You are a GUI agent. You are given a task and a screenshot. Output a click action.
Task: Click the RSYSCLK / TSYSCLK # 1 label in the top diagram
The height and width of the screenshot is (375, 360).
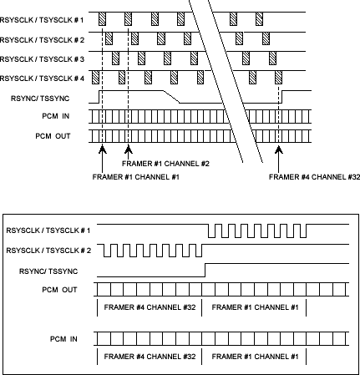click(43, 18)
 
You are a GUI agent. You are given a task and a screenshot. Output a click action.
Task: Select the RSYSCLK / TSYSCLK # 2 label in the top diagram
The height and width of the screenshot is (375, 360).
click(43, 38)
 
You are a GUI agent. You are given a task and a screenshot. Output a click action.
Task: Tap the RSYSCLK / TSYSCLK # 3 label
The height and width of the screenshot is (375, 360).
click(43, 58)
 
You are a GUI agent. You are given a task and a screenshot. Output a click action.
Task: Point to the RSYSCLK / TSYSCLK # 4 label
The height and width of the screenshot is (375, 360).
click(43, 79)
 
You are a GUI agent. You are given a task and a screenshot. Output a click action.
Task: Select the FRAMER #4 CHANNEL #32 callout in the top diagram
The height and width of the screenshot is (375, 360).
click(310, 176)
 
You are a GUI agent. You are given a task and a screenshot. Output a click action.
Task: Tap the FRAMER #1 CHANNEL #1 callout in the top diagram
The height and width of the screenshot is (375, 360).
click(136, 176)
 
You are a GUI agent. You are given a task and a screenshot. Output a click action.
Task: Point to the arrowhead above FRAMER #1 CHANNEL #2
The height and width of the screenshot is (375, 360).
click(127, 151)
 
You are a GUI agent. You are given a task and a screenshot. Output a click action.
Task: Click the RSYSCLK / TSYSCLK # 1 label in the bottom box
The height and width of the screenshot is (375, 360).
click(48, 229)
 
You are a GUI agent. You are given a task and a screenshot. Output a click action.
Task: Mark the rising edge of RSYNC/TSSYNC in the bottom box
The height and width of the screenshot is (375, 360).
click(205, 270)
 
